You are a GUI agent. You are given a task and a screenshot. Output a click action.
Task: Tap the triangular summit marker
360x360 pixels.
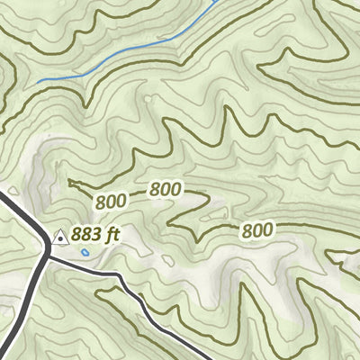pos(60,238)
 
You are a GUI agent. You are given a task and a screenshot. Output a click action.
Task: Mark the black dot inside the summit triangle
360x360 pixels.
pos(60,239)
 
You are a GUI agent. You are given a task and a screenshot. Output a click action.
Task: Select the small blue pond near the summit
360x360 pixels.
pos(85,254)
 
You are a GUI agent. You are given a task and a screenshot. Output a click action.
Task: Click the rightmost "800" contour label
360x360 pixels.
pos(256,230)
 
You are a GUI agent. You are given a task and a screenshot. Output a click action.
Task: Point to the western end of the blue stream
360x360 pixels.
pos(38,82)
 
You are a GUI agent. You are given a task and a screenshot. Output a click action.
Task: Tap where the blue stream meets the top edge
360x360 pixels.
pos(216,2)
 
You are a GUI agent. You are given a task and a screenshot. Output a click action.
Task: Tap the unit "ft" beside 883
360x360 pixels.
pos(112,236)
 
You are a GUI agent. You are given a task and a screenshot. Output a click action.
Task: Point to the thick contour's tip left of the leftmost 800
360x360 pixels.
pos(69,181)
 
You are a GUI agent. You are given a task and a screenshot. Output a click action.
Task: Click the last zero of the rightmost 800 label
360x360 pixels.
pos(266,230)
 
